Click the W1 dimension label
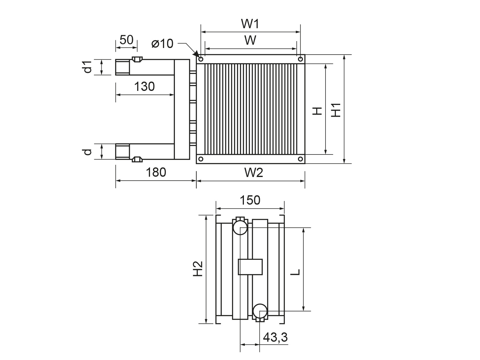point(250,24)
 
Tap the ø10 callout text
point(162,44)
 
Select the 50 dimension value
point(126,40)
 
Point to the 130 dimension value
point(144,87)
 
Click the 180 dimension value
point(156,172)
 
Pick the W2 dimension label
point(253,173)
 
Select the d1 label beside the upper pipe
point(87,67)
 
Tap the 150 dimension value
point(250,200)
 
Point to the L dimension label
point(296,272)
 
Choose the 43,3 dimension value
point(275,337)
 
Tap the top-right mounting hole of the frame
point(300,59)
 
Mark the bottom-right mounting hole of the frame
point(300,159)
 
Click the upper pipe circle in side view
point(240,228)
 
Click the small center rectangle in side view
point(250,267)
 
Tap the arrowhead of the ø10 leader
point(196,55)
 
